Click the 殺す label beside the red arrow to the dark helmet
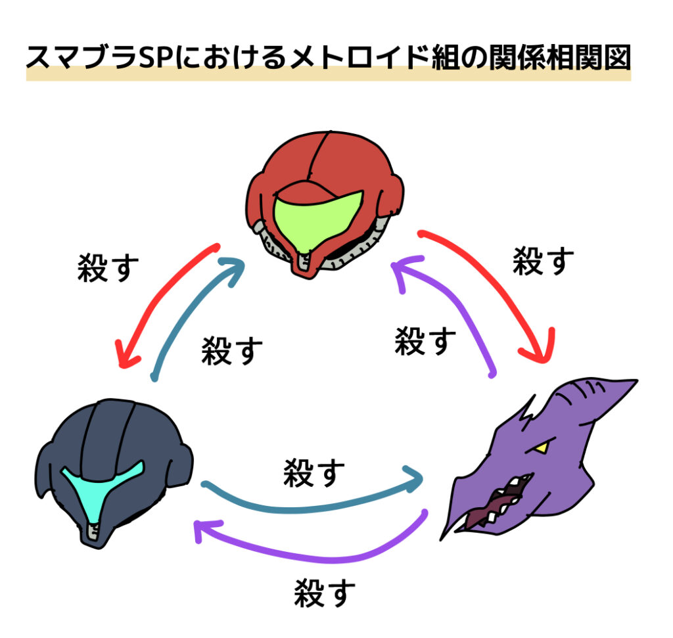click(108, 268)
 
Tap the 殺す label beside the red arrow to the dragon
click(543, 261)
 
